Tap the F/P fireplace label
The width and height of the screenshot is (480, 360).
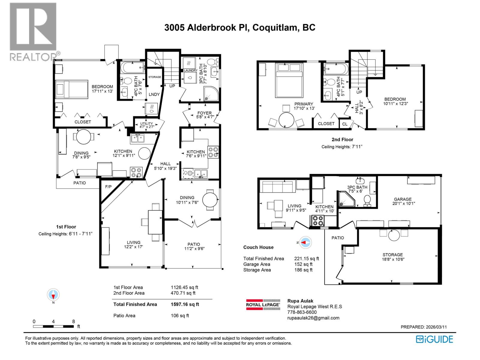[108, 187]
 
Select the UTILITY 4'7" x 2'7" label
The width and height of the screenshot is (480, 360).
[146, 125]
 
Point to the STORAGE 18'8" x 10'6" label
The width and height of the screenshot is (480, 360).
[392, 257]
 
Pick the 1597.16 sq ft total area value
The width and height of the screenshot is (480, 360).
[185, 304]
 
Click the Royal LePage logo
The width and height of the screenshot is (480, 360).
[263, 304]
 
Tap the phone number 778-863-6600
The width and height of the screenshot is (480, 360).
[302, 312]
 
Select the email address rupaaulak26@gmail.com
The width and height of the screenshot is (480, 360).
[313, 318]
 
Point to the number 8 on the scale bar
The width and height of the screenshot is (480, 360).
[73, 321]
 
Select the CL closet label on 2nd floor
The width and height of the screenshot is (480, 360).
[345, 124]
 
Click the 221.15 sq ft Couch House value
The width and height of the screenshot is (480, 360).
[306, 258]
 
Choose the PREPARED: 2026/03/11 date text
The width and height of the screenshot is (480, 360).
[423, 327]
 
